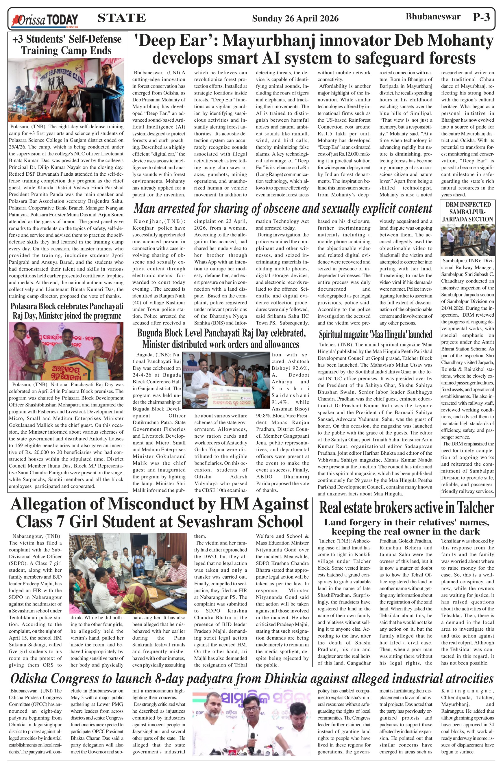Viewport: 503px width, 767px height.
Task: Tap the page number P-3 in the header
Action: point(481,17)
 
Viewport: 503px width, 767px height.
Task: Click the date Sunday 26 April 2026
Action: point(295,19)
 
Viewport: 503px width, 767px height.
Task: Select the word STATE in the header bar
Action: point(121,18)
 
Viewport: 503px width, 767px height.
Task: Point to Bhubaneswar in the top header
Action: point(433,17)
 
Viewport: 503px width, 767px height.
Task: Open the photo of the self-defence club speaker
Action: point(66,90)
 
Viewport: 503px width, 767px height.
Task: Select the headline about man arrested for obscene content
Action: point(283,209)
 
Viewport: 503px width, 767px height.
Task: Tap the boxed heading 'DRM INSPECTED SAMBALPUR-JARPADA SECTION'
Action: point(467,212)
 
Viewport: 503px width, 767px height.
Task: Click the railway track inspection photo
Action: point(467,240)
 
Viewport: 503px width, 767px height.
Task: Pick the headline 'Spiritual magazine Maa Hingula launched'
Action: point(375,334)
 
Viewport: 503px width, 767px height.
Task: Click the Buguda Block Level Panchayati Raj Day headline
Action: point(221,338)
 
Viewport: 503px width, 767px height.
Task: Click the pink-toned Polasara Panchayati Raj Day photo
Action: point(66,351)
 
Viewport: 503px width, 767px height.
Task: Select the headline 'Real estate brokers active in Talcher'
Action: point(406,508)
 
